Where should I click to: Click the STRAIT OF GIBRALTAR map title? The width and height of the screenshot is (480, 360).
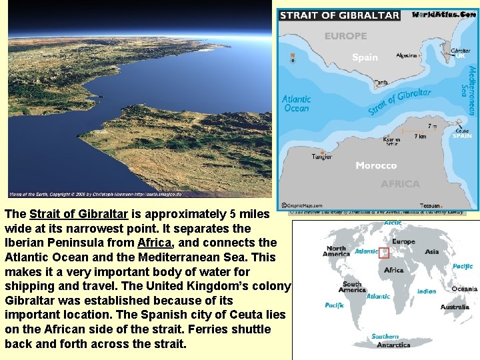[339, 15]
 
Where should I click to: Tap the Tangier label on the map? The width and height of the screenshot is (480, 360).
[321, 157]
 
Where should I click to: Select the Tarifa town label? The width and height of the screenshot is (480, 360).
[381, 83]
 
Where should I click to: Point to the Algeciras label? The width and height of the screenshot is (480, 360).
[407, 55]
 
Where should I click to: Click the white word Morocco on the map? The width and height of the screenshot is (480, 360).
[376, 165]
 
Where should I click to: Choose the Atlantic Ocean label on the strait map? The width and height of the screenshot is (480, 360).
[296, 103]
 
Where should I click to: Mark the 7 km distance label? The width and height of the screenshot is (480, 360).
[420, 137]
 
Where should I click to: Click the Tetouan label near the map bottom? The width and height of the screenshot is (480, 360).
[431, 206]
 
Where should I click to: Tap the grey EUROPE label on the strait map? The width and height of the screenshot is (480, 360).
[345, 36]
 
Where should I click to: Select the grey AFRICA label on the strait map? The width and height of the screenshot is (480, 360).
[400, 184]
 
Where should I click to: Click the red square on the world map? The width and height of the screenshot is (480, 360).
[384, 253]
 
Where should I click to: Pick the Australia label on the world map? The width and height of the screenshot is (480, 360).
[454, 307]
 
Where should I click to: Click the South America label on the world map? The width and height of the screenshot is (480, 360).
[352, 287]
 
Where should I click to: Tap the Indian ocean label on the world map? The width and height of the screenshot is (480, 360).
[427, 291]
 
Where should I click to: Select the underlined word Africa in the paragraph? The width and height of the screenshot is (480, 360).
[153, 242]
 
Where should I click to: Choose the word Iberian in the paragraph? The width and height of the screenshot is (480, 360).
[24, 242]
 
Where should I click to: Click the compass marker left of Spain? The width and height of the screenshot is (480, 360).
[293, 58]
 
